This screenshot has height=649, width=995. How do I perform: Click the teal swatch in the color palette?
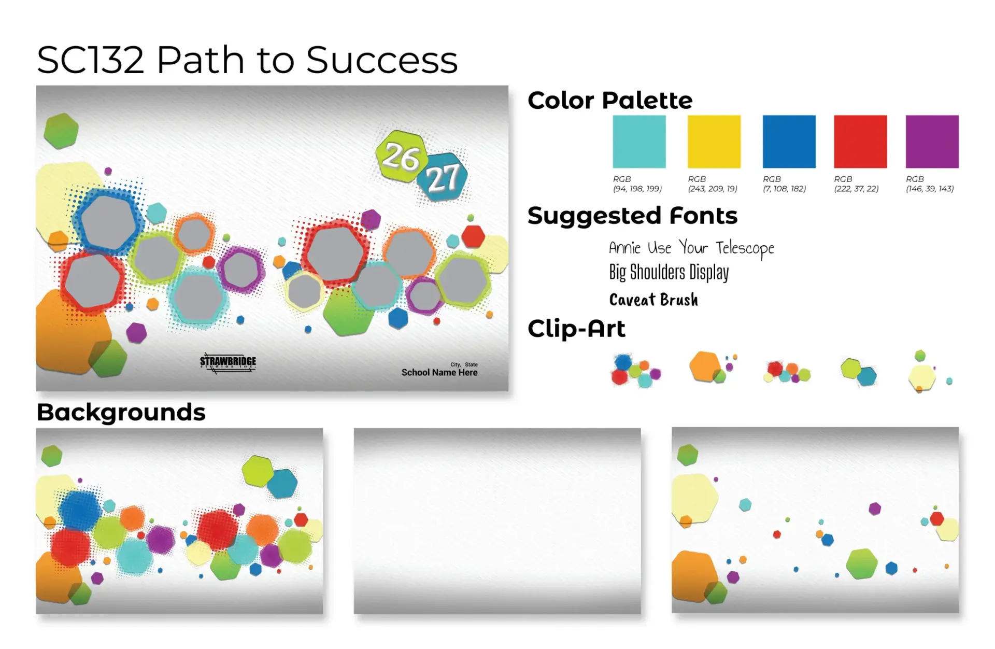(639, 142)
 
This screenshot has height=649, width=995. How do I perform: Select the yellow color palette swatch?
(714, 142)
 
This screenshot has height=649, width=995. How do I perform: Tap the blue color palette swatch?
(789, 142)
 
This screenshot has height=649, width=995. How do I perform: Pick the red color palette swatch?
(860, 142)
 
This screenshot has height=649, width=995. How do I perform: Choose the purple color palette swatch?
(932, 142)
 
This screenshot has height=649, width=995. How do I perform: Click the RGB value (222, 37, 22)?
(856, 189)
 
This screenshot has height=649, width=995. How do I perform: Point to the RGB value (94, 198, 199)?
(637, 189)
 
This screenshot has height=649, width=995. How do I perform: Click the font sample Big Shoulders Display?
(669, 272)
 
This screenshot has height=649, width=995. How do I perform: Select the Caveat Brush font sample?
(653, 300)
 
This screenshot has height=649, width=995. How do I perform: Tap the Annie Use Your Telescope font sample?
(691, 248)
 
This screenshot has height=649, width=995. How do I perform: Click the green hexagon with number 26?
(402, 156)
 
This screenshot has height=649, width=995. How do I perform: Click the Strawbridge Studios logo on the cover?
(228, 363)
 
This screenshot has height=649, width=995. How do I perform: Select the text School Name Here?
(439, 372)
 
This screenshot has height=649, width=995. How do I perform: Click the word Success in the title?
(382, 60)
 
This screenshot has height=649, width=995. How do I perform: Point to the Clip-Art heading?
(576, 329)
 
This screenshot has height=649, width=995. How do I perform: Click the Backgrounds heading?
(121, 413)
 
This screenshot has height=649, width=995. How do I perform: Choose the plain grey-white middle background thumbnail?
(497, 521)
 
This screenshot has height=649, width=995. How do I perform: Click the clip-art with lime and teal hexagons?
(858, 372)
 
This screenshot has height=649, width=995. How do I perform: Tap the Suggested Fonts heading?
(632, 216)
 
